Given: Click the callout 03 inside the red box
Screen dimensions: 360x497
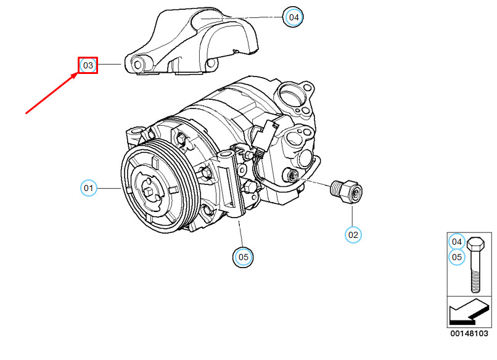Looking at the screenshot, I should coord(88,65).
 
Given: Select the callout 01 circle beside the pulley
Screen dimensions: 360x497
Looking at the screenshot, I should coord(89,187).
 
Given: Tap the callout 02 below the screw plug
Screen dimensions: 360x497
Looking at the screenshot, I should coord(353,234).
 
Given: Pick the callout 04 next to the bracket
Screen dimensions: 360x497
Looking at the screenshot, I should coord(294,17).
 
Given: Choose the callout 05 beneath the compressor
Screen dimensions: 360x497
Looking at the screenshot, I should coord(242,257).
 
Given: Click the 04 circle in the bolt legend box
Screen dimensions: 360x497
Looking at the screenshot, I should coord(456,242).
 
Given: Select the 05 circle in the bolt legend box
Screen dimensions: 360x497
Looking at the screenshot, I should coord(456,257).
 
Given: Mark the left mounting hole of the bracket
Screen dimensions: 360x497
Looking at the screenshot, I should coord(139,63).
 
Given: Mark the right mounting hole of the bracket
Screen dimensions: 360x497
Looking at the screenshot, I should coord(212,64).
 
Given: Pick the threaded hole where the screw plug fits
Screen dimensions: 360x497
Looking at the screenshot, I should coord(292,177).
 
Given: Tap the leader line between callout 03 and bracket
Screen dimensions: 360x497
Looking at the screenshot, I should coord(112,65).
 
